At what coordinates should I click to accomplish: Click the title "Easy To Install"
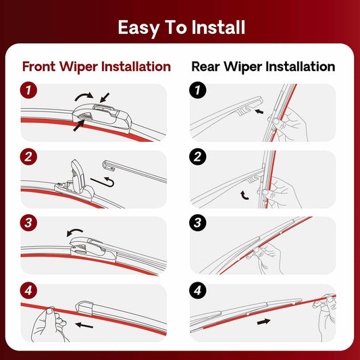point(181,28)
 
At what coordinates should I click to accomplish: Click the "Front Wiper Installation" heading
point(97,67)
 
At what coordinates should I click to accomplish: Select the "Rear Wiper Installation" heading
point(263,67)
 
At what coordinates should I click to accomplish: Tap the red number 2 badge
point(28,157)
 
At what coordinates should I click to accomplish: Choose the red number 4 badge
point(28,292)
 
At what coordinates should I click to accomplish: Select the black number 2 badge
point(198,157)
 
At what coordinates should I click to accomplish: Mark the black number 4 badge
point(198,292)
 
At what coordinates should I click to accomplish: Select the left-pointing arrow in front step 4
point(84,325)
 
